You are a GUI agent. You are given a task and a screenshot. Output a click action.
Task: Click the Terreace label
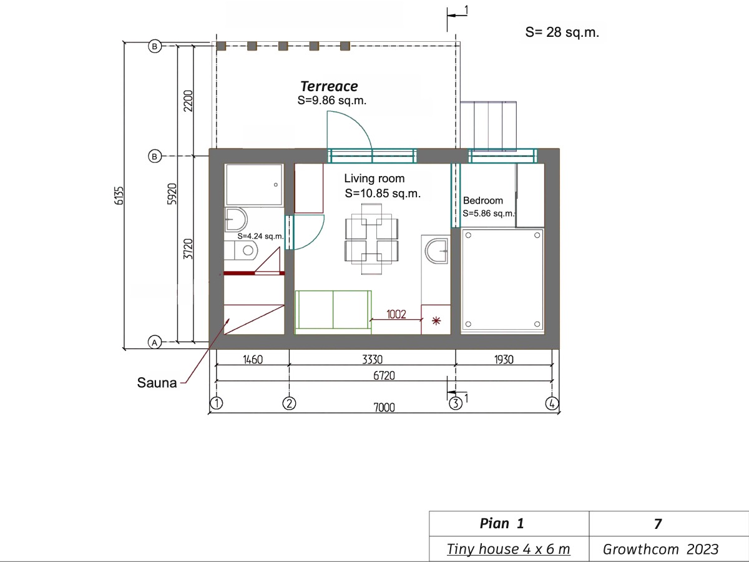click(x=329, y=86)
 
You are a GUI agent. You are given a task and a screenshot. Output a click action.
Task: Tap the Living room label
click(x=374, y=179)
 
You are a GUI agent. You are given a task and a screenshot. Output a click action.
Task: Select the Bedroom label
click(x=483, y=200)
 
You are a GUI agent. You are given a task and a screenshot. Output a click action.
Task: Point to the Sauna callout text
click(x=157, y=383)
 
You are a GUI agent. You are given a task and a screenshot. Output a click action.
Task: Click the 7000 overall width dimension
click(x=384, y=407)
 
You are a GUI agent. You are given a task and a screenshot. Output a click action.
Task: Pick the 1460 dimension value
click(x=253, y=360)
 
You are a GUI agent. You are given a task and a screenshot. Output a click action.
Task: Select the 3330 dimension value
click(x=372, y=360)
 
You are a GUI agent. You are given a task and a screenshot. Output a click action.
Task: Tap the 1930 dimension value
click(x=504, y=360)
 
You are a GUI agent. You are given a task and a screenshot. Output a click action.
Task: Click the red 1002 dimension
click(x=396, y=314)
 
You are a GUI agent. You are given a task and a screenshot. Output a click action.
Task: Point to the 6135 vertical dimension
click(x=119, y=195)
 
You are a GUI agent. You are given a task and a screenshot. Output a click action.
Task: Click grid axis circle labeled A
click(x=155, y=342)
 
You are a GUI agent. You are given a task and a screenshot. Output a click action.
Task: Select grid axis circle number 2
click(x=290, y=403)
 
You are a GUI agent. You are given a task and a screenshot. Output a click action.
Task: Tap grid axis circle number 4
click(x=552, y=403)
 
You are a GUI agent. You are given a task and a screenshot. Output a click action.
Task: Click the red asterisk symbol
click(x=436, y=321)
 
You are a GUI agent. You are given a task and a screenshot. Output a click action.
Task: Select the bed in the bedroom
click(x=502, y=280)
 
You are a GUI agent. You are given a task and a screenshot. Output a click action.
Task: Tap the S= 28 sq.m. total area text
click(x=562, y=32)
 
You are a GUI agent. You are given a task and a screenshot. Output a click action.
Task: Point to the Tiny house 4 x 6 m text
click(x=509, y=549)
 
